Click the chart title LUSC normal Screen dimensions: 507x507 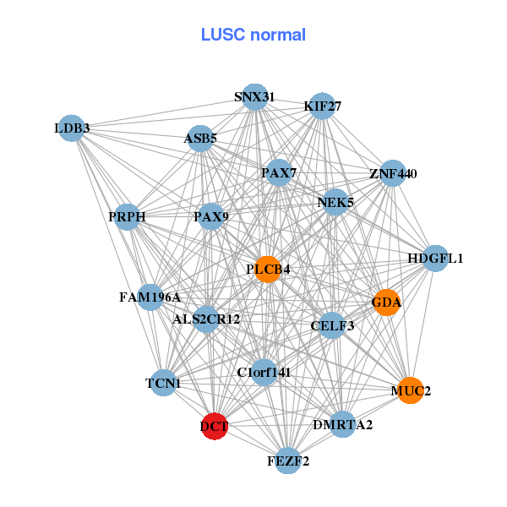253,35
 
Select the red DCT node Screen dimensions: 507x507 215,426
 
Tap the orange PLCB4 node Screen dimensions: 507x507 268,270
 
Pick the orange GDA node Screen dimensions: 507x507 386,303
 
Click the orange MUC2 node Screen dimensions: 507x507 410,390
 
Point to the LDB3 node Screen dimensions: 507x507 72,128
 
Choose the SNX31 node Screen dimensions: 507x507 254,97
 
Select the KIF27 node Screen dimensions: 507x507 322,106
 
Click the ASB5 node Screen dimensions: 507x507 200,139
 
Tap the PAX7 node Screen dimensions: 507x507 278,173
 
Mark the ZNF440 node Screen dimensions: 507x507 393,174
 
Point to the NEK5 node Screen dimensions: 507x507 335,202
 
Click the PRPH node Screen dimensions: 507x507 127,217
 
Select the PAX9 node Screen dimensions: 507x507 210,217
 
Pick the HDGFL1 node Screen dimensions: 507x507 434,258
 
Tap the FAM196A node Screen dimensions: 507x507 150,297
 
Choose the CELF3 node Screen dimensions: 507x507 332,325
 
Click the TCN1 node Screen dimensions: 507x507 163,383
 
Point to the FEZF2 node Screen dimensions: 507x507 288,461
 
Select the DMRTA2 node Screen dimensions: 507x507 342,424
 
